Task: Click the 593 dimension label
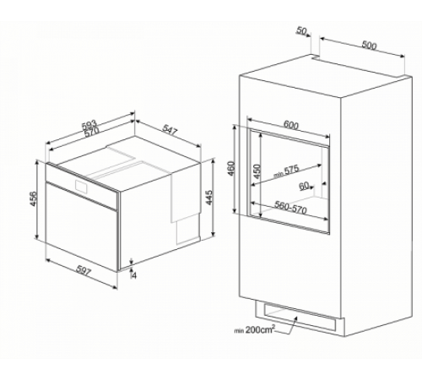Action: point(89,125)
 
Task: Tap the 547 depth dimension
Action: point(170,131)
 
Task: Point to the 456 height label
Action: point(33,198)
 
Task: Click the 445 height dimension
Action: point(209,198)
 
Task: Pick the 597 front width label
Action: point(84,270)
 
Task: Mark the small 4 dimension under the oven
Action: point(133,275)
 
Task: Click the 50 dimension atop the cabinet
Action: point(301,30)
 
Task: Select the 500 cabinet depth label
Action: point(369,45)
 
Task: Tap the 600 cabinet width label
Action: point(290,125)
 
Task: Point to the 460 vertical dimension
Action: point(230,168)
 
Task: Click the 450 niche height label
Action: point(257,171)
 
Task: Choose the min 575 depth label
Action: point(286,171)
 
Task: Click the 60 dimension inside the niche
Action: point(304,186)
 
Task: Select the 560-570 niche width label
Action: point(290,208)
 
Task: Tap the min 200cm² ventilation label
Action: point(254,329)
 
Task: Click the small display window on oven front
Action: point(82,186)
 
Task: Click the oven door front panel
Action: point(81,226)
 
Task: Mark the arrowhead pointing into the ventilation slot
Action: point(296,318)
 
